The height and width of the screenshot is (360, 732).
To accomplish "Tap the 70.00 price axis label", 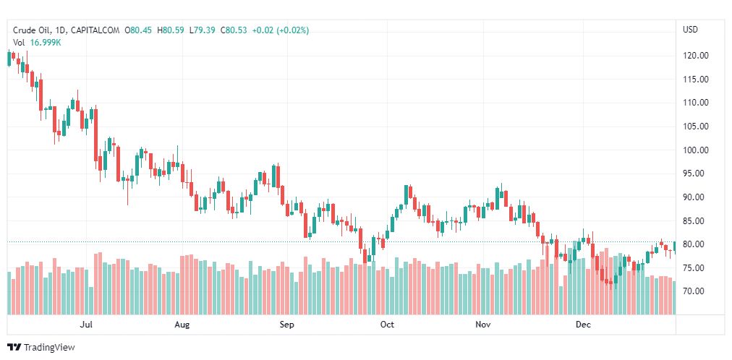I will [x=695, y=291].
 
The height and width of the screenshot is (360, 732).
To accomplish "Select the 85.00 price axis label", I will [x=695, y=221].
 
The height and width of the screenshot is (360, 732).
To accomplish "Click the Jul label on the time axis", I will [x=87, y=325].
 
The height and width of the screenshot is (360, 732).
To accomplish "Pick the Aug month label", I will [x=182, y=325].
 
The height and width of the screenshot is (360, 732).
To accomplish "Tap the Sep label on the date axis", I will [x=286, y=325].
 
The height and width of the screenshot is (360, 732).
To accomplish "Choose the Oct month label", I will [x=387, y=325].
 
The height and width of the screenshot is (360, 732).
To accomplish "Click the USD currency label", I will [x=690, y=30].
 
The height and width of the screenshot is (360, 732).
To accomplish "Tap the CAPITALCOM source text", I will [x=96, y=30].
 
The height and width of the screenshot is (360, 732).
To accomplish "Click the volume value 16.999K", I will [x=46, y=43].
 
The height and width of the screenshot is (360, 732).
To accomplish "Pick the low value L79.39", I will [x=204, y=30].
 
